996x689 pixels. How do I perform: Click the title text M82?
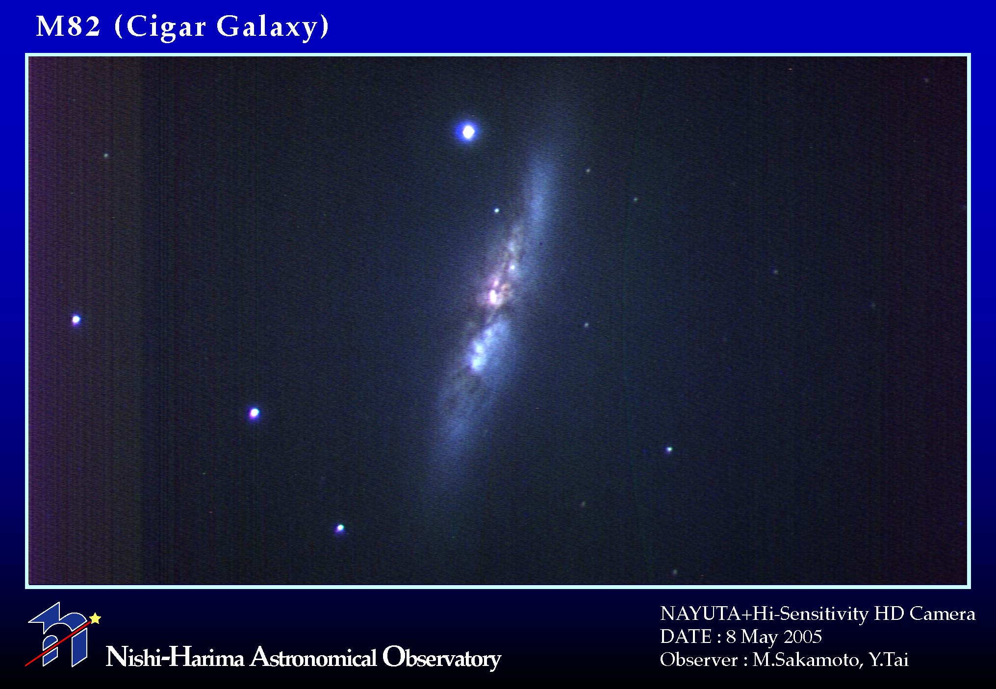point(68,26)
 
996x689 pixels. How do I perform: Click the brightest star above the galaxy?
point(468,132)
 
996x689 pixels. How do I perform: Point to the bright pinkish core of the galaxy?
point(493,295)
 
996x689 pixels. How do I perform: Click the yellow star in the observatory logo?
point(95,618)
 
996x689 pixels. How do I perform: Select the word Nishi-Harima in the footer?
point(175,657)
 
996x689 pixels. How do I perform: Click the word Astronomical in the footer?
point(313,657)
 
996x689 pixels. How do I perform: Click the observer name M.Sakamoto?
point(808,660)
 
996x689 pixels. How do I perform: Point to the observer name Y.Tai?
point(889,660)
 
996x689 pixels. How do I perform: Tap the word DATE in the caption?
point(686,637)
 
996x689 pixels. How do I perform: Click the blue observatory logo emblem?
point(58,635)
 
